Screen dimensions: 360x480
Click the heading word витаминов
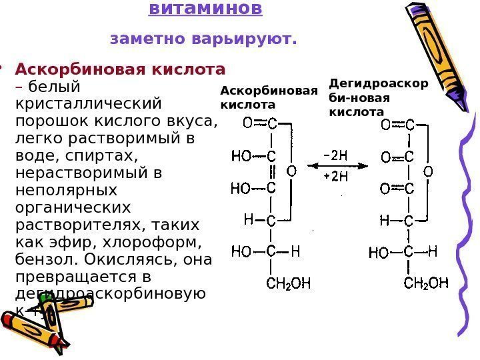pos(205,9)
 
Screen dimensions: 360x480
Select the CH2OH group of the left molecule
pos(289,284)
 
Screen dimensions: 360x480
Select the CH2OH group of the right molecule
pos(427,284)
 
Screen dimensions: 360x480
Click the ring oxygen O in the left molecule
pos(291,171)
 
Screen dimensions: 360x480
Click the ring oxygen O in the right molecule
pos(429,171)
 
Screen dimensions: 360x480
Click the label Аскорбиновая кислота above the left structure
pos(268,98)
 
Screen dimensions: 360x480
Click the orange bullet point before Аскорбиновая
pos(3,68)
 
